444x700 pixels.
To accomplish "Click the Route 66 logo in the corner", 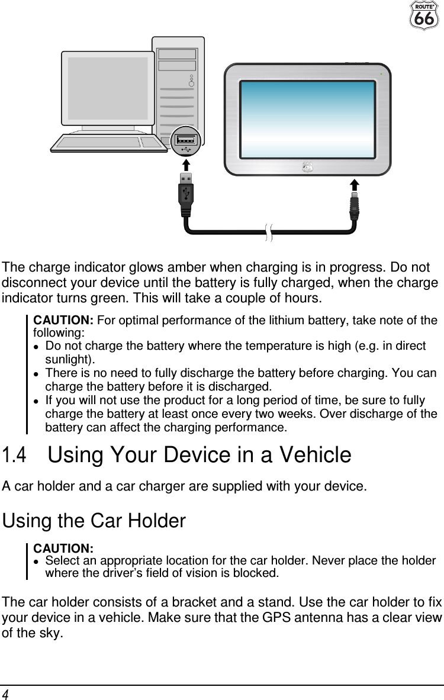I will pos(424,15).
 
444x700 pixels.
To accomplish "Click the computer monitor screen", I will pos(108,88).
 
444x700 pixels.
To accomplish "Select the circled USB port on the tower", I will pos(186,141).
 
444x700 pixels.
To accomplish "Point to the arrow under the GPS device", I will pos(355,183).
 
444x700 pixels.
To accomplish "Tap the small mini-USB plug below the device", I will pos(355,205).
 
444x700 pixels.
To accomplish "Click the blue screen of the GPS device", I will pos(307,119).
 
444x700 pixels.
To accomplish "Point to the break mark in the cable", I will pos(269,233).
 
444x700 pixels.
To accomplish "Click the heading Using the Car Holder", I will pos(94,521).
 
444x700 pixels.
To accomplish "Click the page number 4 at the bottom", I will pos(5,693).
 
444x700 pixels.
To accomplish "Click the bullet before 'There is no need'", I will pos(37,374).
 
